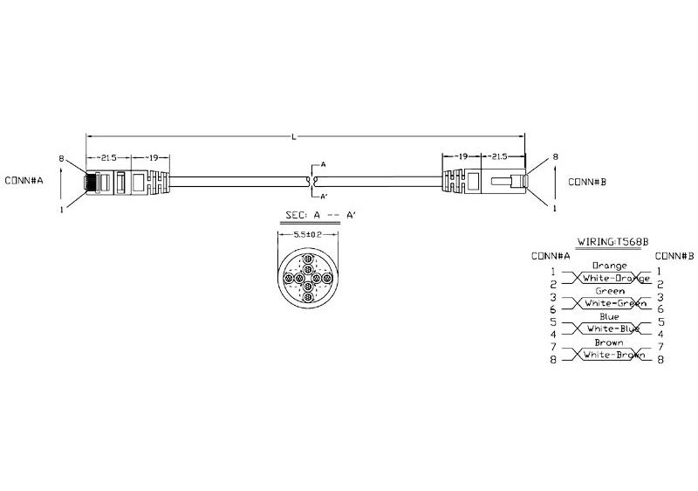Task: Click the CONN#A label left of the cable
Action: point(24,182)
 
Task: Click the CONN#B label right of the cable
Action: point(587,183)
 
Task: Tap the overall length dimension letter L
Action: point(305,136)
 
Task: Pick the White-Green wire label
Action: point(614,303)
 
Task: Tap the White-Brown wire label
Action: point(614,356)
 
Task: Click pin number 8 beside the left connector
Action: point(60,159)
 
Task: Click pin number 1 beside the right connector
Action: point(556,208)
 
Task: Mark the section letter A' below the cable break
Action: point(324,196)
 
